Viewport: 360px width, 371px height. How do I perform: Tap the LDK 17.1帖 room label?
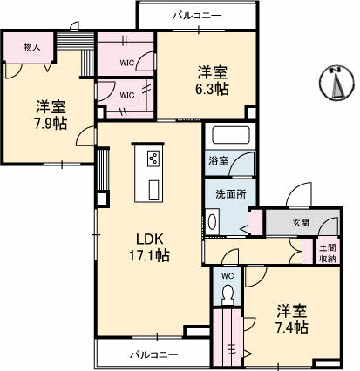point(150,246)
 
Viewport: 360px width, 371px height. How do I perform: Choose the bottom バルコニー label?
point(154,354)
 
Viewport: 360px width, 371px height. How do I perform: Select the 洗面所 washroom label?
point(229,193)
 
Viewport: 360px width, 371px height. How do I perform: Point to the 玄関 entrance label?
point(300,224)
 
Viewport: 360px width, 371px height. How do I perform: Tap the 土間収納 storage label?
point(327,253)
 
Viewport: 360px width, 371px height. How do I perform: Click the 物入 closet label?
point(31,47)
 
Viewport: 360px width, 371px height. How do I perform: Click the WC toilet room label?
point(228,277)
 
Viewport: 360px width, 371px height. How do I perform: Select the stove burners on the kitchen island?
point(153,159)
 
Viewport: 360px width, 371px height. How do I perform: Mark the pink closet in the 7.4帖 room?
point(230,339)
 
